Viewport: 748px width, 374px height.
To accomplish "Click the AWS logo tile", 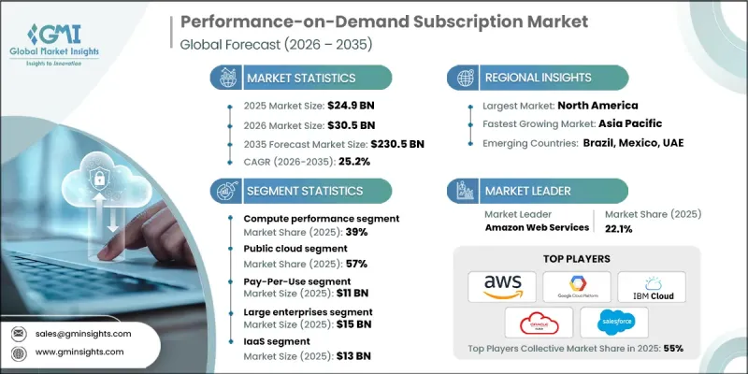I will point(503,286).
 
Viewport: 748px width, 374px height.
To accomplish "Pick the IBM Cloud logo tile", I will point(652,286).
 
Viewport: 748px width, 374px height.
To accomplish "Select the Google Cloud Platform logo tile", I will point(577,286).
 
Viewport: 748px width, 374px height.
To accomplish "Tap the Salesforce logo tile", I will point(614,322).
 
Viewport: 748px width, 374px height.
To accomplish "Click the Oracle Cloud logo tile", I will point(539,322).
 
